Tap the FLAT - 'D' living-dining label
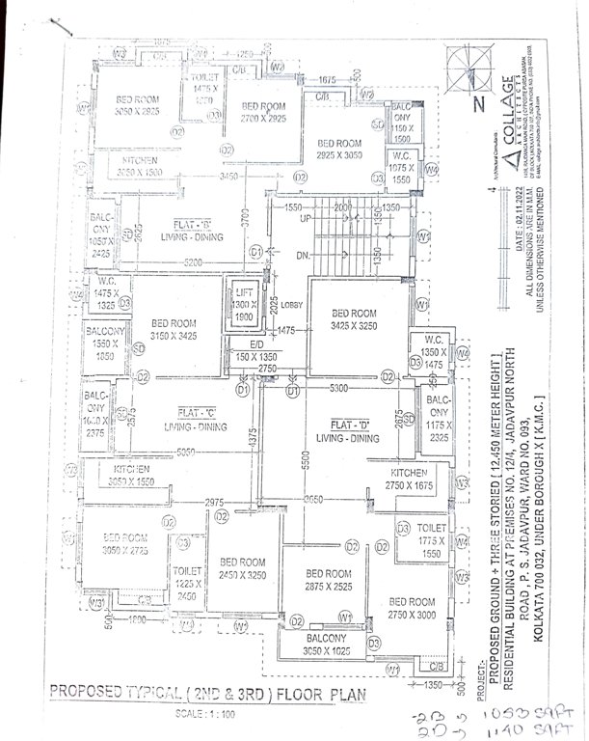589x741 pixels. [350, 431]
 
